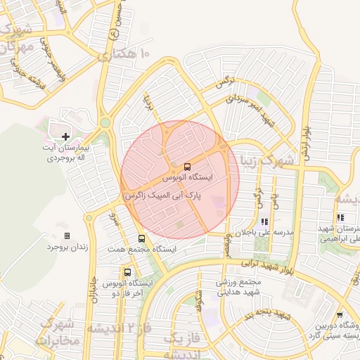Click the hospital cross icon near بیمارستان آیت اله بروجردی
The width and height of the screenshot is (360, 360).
tap(66, 136)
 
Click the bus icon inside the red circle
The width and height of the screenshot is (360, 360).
tap(187, 167)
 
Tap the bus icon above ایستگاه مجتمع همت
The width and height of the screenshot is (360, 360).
tap(142, 239)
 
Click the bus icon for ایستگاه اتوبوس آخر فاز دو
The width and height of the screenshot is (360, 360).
tap(127, 272)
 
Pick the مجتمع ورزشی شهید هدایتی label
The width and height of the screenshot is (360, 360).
tap(238, 287)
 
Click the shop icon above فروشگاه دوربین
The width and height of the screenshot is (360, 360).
tap(340, 315)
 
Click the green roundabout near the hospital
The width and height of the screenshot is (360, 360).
tap(105, 123)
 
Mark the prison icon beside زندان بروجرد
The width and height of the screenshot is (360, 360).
tap(67, 236)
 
